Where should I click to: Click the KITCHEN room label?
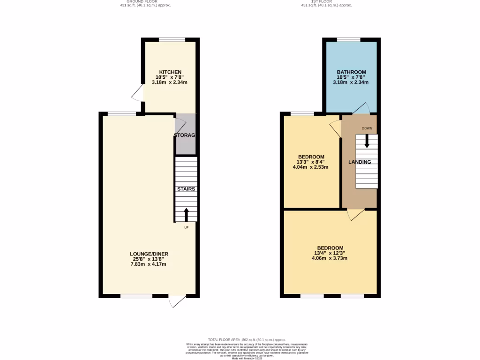pos(169,72)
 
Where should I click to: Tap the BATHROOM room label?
pos(351,72)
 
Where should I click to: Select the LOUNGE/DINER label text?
pos(149,254)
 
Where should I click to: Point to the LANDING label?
pos(360,162)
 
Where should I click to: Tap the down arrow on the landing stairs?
pos(367,141)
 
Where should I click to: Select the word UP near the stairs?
pos(186,228)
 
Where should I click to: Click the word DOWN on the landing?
pos(367,128)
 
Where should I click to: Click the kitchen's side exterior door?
pos(138,94)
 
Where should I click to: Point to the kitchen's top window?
pos(172,40)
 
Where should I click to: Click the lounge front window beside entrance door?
pos(136,296)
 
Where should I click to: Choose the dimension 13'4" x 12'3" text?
pos(330,253)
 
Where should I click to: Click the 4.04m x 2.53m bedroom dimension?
pos(311,167)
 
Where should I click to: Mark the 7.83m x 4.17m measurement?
pos(149,264)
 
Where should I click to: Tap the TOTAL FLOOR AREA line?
pos(247,339)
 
